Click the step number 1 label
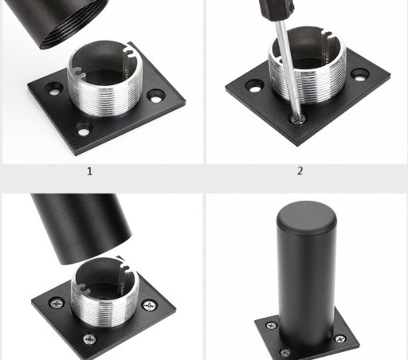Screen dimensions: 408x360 pos(90,171)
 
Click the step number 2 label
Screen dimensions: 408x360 pos(300,170)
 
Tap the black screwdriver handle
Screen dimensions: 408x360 pos(276,10)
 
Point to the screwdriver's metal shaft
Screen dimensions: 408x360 pos(288,69)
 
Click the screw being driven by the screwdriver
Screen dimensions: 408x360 pos(298,119)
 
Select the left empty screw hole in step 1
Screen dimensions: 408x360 pos(54,89)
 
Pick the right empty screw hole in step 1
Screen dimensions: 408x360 pos(156,96)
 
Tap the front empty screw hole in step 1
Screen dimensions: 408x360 pos(84,129)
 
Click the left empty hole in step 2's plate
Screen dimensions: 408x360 pos(254,86)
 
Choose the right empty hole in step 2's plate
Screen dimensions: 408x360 pos(360,75)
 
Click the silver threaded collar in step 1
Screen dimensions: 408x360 pos(104,79)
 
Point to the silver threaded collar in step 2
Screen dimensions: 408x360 pos(308,65)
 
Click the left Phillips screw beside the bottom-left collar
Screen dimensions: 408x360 pos(57,303)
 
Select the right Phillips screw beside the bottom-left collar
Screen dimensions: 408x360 pos(149,306)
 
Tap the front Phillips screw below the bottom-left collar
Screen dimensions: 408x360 pos(90,339)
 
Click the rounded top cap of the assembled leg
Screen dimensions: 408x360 pos(307,217)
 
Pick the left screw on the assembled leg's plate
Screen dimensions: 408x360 pos(272,325)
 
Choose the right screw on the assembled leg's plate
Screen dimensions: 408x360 pos(339,338)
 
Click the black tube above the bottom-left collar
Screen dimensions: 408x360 pos(81,226)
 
